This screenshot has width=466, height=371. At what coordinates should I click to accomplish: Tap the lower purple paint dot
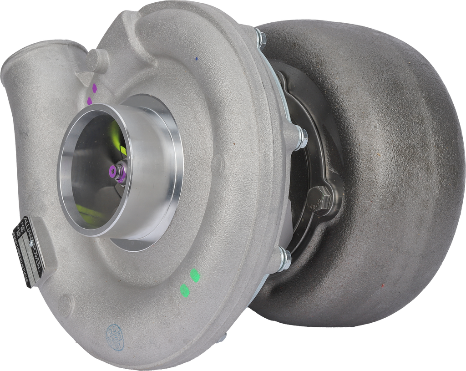click(90, 100)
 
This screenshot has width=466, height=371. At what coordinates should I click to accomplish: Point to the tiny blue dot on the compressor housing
click(196, 59)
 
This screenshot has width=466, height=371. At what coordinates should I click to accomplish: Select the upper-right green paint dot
click(195, 274)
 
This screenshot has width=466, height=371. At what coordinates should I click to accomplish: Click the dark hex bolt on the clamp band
click(318, 198)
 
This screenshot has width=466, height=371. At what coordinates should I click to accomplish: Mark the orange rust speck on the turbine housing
click(382, 285)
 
